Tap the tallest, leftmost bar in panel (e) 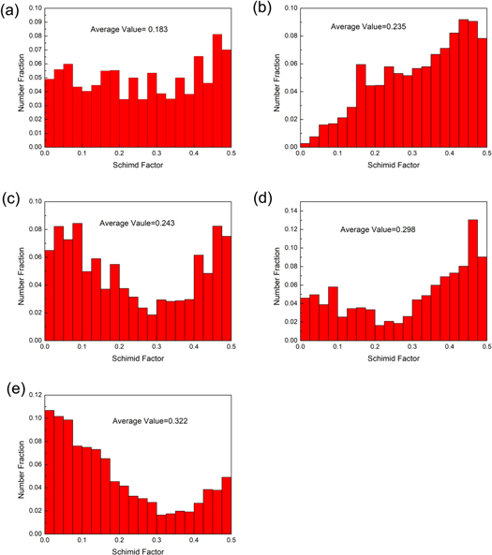coord(50,467)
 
